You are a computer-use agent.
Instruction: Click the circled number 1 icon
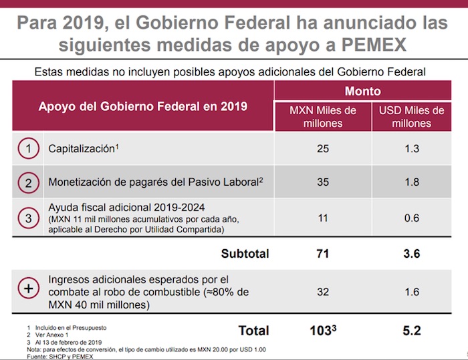pyautogui.click(x=27, y=148)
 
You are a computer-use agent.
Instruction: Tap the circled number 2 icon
pyautogui.click(x=27, y=182)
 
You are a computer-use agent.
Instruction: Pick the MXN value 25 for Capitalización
pyautogui.click(x=323, y=148)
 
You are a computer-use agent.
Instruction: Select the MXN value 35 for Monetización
pyautogui.click(x=323, y=182)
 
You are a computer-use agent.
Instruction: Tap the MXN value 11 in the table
pyautogui.click(x=323, y=217)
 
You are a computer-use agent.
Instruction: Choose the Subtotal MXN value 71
pyautogui.click(x=323, y=254)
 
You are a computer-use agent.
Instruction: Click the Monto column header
pyautogui.click(x=363, y=92)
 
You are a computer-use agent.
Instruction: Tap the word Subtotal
pyautogui.click(x=245, y=254)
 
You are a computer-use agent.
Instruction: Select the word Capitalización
pyautogui.click(x=80, y=149)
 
